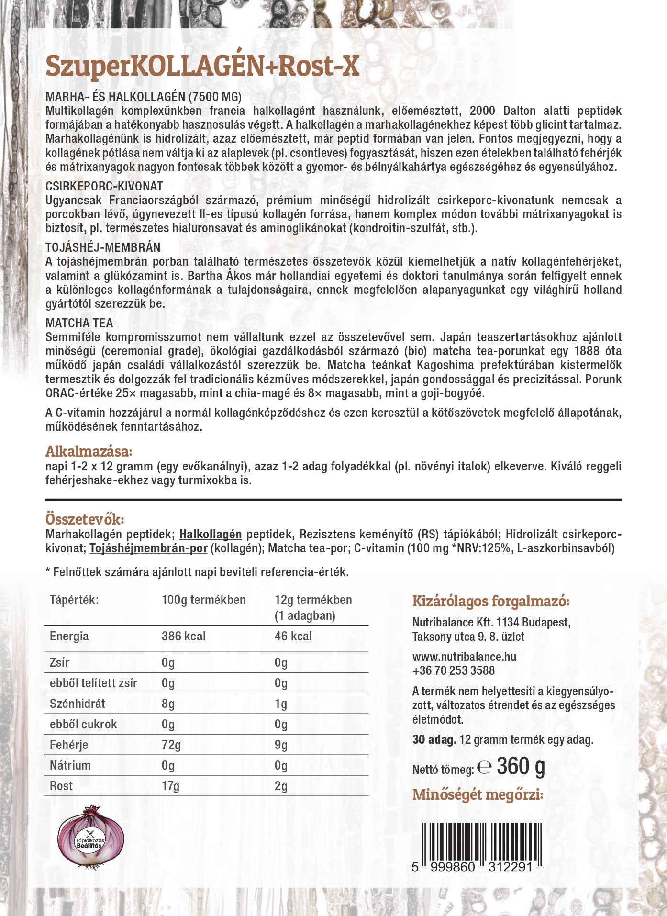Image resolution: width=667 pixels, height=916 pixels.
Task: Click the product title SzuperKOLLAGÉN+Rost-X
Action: [x=202, y=66]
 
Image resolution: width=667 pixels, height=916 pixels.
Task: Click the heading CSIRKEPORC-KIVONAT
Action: [x=104, y=186]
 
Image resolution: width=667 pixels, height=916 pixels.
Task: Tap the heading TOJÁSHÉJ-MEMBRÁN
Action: [x=103, y=247]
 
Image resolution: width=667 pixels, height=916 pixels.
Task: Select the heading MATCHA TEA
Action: [x=79, y=323]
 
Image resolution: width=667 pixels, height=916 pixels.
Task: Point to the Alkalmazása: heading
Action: [x=89, y=451]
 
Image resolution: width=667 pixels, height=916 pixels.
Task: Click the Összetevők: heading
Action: [x=85, y=519]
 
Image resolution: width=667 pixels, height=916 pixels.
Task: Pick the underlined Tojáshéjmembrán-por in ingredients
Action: [x=148, y=548]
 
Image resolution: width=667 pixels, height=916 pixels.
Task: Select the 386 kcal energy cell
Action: [x=183, y=637]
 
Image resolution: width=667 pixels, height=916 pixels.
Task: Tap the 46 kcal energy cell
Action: [x=293, y=637]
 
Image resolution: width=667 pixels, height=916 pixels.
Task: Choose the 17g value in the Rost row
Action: [x=170, y=786]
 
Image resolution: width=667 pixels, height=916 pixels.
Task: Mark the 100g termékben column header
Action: [x=203, y=600]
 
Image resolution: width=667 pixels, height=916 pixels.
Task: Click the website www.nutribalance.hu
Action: [x=464, y=657]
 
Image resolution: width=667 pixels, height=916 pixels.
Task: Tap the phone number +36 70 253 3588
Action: [x=453, y=670]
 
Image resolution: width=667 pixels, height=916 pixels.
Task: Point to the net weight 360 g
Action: [x=521, y=767]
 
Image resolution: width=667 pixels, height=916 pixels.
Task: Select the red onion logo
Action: [x=90, y=837]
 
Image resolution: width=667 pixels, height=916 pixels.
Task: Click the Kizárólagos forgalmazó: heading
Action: [x=490, y=602]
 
